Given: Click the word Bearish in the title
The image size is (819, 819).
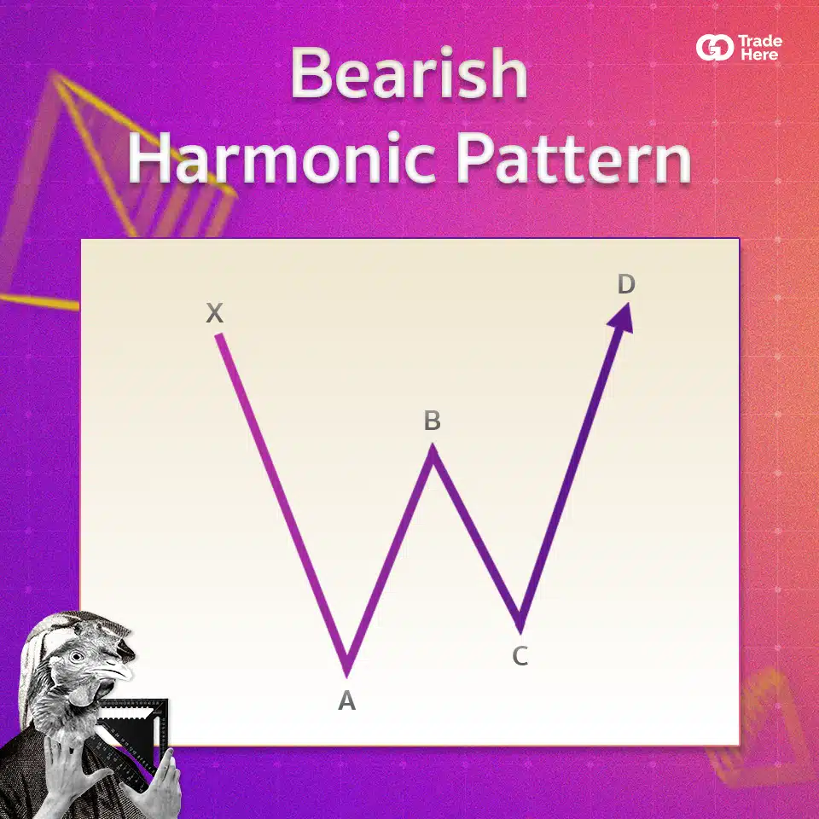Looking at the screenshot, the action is click(409, 73).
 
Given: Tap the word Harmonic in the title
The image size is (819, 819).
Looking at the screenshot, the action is click(282, 157).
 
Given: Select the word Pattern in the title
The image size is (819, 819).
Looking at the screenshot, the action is click(574, 157).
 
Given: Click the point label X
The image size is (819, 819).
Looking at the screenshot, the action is click(215, 313).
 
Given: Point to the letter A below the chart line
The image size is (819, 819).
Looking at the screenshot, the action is click(347, 700).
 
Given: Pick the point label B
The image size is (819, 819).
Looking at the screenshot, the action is click(433, 421).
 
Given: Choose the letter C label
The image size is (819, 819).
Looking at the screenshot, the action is click(520, 656).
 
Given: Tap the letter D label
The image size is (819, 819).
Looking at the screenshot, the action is click(626, 284).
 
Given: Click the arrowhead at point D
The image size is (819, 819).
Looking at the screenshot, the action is click(622, 318).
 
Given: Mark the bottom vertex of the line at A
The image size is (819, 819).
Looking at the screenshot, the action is click(347, 676).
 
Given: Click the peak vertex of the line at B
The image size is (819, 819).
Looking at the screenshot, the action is click(433, 445).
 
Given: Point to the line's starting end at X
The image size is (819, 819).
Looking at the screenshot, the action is click(219, 336).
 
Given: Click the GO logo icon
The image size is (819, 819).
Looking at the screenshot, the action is click(715, 48).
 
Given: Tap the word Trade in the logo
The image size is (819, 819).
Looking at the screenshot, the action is click(760, 41).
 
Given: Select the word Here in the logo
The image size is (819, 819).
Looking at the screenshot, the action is click(759, 55).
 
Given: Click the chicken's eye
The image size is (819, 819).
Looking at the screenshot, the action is click(76, 656).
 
